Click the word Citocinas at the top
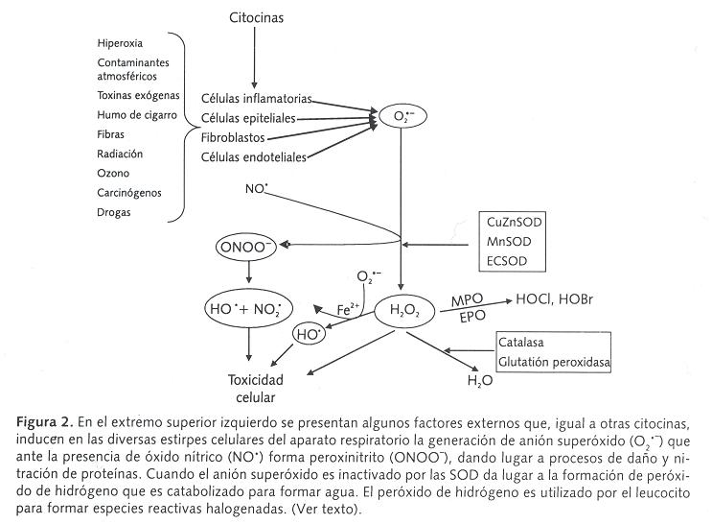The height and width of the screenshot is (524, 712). point(257,17)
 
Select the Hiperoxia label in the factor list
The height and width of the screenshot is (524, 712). point(121,43)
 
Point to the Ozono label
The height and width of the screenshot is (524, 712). point(114,173)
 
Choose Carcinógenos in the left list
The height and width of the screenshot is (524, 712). point(129,192)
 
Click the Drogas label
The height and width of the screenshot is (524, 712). point(115,211)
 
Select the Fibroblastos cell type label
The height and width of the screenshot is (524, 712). point(233,137)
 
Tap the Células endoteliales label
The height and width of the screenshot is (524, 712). point(254,156)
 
